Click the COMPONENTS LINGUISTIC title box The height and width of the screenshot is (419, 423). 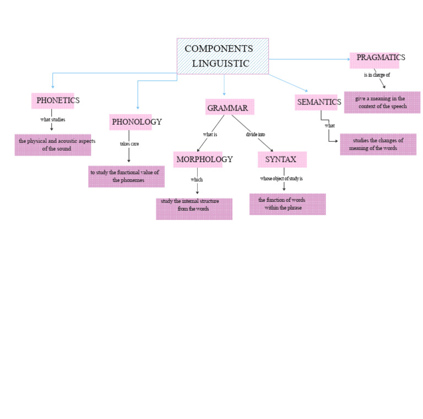pos(223,56)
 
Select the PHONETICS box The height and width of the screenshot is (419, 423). pos(53,101)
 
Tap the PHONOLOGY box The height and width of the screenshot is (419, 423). pos(131,122)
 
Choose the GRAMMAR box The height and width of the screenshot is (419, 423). pos(230,107)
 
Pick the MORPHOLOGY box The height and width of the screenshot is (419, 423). pos(198,159)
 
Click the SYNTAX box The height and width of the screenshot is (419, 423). pos(282,159)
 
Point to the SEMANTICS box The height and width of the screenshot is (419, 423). pos(316,102)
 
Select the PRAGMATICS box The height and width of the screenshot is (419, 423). pos(375,60)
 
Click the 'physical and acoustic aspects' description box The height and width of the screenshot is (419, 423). pos(53,145)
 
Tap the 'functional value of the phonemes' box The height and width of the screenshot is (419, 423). pos(126,177)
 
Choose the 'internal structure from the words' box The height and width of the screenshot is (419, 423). pos(194,209)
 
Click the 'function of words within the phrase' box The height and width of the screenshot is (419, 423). pos(288,204)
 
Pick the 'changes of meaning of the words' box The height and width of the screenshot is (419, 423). pos(378,144)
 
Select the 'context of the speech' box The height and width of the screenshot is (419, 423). pos(382,102)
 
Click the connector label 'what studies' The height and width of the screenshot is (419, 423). pos(53,119)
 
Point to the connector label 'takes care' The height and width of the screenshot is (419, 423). pos(129,144)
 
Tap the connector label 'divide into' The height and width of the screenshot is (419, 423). pos(256,134)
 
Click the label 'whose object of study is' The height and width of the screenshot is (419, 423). pos(281,179)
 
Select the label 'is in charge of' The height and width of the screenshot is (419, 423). pos(377,75)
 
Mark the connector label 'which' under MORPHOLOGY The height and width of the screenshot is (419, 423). pos(197,180)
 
